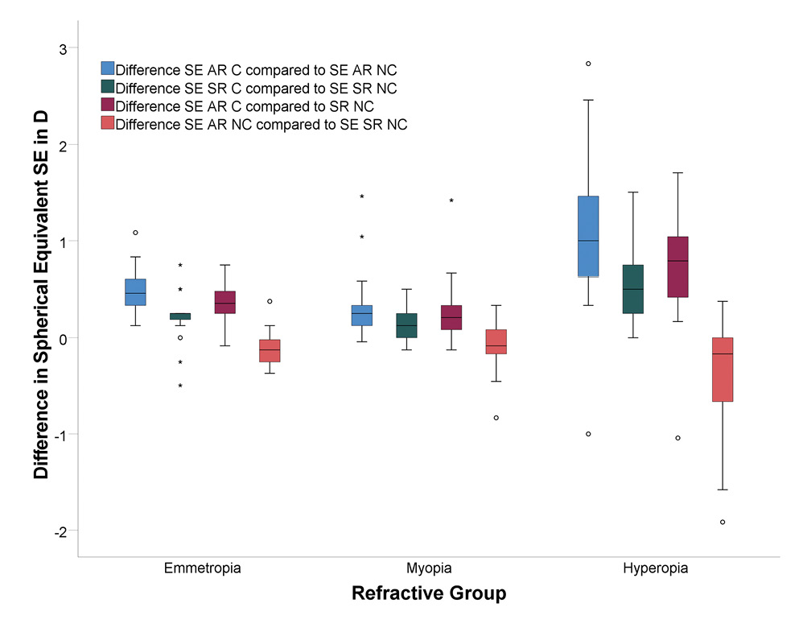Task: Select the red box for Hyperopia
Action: click(723, 369)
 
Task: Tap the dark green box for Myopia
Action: click(406, 325)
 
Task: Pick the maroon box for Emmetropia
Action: click(225, 302)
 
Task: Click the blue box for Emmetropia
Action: click(135, 292)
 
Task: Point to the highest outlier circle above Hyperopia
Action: click(588, 64)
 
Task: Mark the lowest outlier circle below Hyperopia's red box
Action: click(723, 522)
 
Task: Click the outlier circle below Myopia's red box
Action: click(496, 418)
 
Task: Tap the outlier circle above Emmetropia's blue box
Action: click(135, 233)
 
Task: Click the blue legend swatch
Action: click(107, 68)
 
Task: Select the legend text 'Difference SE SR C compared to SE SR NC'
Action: click(256, 87)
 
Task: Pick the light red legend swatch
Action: click(107, 124)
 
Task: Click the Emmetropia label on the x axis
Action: click(202, 568)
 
